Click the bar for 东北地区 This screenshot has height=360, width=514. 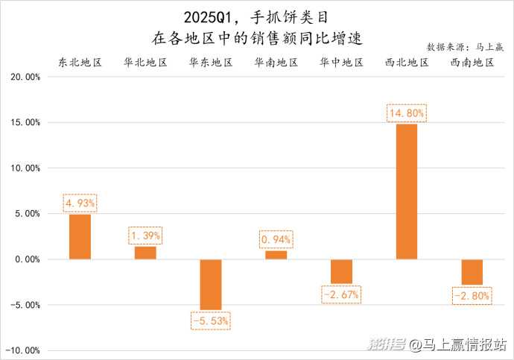click(80, 236)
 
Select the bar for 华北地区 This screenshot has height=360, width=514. click(145, 253)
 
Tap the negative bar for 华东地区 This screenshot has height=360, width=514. click(211, 284)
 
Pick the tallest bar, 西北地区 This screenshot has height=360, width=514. click(407, 192)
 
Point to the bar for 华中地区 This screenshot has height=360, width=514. click(341, 271)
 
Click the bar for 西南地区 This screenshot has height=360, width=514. click(472, 272)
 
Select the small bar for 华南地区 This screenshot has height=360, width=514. click(276, 255)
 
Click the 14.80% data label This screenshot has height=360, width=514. click(407, 113)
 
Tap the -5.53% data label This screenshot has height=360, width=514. click(211, 320)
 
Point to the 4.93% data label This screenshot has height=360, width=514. click(80, 203)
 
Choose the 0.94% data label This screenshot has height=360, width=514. click(276, 240)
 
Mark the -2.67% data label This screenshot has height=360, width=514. click(341, 294)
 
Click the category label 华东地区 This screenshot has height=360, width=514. click(211, 63)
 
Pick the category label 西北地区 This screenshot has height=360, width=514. click(407, 63)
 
